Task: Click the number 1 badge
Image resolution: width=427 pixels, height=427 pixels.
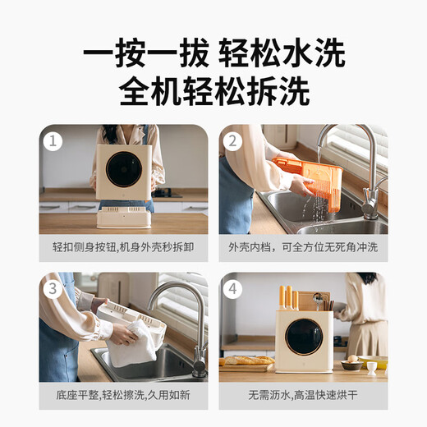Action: (53, 140)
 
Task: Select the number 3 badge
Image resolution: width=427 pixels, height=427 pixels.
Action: (53, 289)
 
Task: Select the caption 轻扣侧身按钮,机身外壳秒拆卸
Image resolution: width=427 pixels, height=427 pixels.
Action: (122, 247)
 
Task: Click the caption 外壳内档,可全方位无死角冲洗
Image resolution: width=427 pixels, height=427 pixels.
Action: (303, 247)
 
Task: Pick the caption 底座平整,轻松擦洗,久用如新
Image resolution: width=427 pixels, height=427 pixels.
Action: (122, 394)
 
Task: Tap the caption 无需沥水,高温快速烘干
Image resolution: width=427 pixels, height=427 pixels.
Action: (303, 394)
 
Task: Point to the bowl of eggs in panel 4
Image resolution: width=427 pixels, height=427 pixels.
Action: (352, 362)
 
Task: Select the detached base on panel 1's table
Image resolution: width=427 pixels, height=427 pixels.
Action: (124, 217)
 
